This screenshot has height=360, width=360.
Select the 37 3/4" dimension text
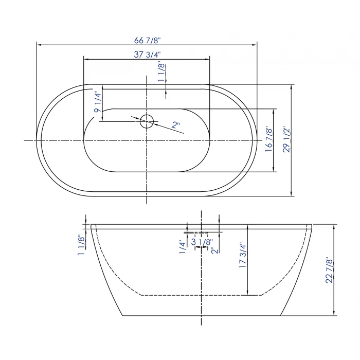coord(146,55)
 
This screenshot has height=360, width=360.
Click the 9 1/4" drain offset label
coord(97,101)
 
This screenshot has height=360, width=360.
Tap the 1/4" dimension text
coord(182,246)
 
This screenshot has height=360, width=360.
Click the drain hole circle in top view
coord(147,121)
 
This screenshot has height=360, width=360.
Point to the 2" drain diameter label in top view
coord(176,124)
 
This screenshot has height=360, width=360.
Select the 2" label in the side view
coord(212,250)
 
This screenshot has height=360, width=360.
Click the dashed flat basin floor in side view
coord(201,296)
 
